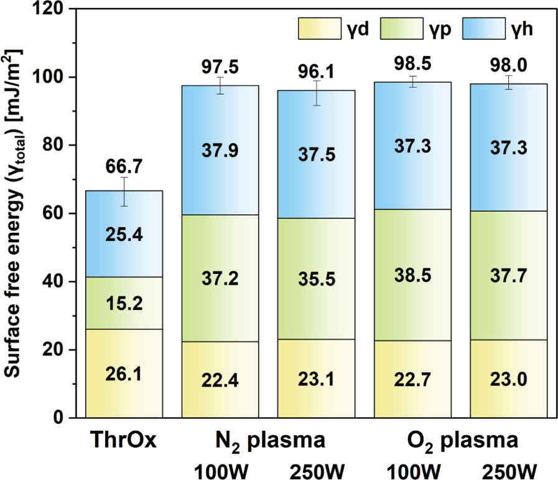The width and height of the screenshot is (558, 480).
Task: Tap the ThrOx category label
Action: pyautogui.click(x=124, y=441)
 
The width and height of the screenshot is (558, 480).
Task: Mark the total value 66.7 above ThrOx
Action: pyautogui.click(x=124, y=166)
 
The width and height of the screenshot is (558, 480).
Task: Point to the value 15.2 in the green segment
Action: pyautogui.click(x=124, y=303)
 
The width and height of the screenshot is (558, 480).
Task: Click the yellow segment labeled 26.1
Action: pyautogui.click(x=124, y=374)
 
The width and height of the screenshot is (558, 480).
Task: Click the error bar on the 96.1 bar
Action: pyautogui.click(x=317, y=93)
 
